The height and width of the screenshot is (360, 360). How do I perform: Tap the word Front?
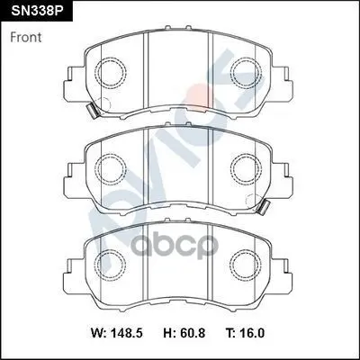pos(26,38)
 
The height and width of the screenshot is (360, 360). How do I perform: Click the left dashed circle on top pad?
pos(94,73)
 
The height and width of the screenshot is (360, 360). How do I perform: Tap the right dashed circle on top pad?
pos(230,73)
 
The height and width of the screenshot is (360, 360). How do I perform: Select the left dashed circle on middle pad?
pos(94,169)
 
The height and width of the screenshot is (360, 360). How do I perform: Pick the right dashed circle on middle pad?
pos(230,169)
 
